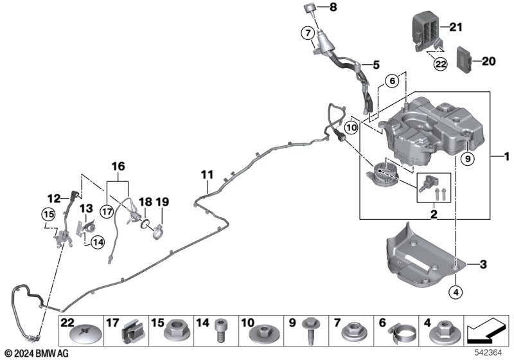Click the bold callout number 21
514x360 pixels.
tap(456, 26)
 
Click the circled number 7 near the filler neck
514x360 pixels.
tap(308, 32)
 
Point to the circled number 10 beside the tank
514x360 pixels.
tap(351, 127)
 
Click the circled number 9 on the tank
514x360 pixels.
tap(468, 158)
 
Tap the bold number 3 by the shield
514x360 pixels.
tap(483, 264)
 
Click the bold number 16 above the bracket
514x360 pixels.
tap(118, 167)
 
